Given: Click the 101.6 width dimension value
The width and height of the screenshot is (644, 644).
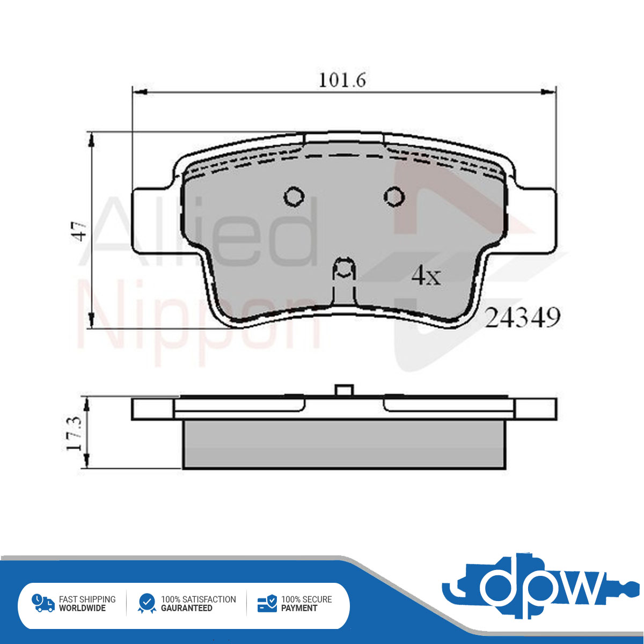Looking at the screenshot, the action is tap(342, 80).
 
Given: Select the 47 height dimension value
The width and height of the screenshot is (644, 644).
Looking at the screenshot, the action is tap(81, 231).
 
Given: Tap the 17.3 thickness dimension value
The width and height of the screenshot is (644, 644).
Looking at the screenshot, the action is tap(74, 433).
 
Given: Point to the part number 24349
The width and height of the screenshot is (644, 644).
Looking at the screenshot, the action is tap(522, 318).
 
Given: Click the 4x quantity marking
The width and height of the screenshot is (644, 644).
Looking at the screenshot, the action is tap(426, 276).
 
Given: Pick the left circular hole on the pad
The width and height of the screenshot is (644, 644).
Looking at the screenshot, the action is tap(294, 196).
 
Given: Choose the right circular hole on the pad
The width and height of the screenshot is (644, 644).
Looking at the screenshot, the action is tap(394, 196).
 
